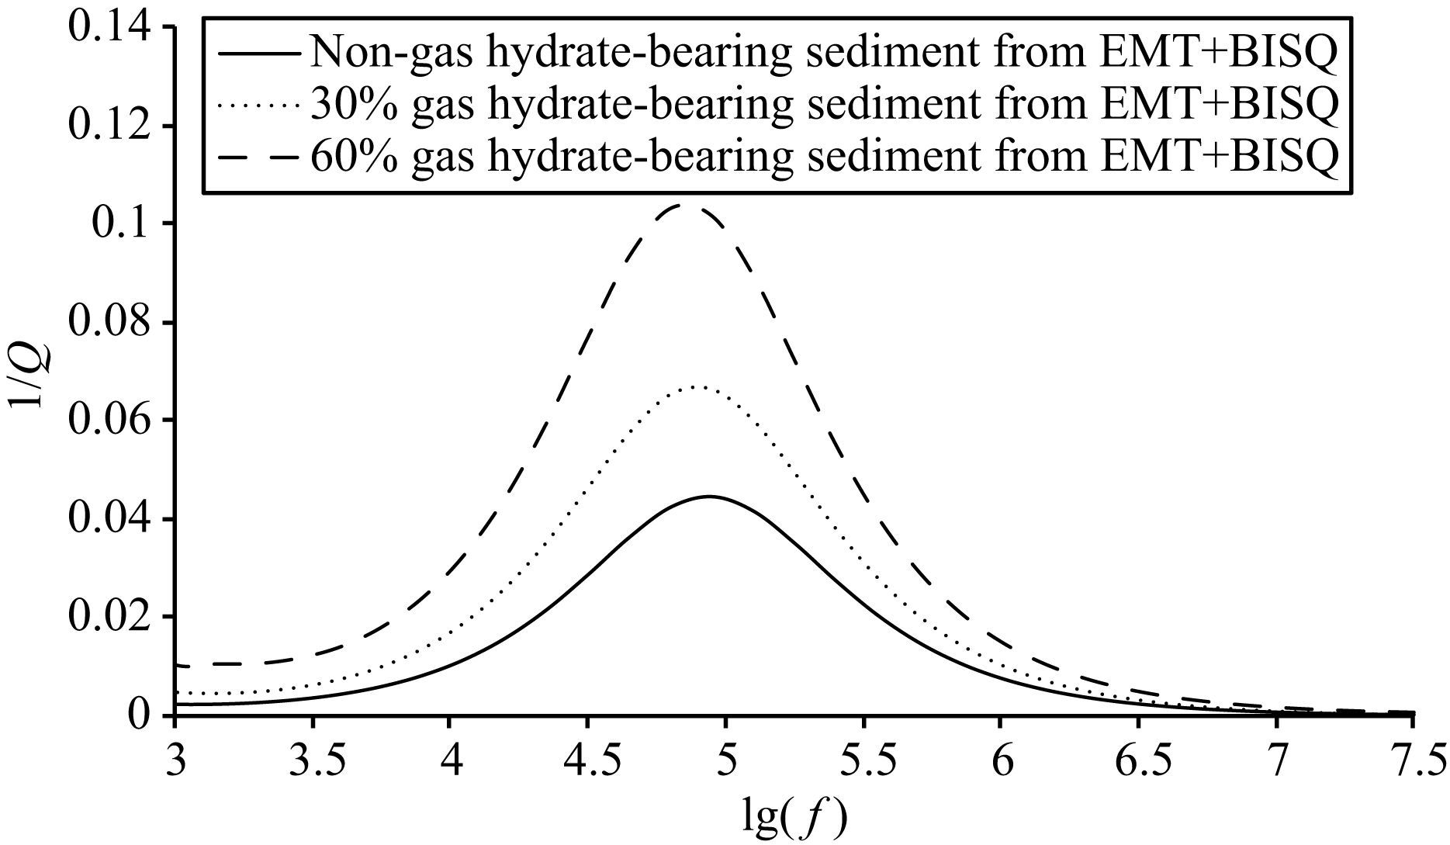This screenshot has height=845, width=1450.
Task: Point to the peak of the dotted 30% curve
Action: pyautogui.click(x=700, y=386)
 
